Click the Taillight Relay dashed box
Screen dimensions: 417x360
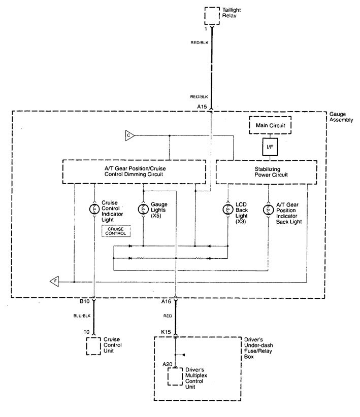[x=212, y=16]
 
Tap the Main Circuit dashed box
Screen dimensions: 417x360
[x=270, y=124]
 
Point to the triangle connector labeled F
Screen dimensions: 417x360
[x=53, y=281]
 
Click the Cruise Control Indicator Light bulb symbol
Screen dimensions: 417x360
[x=94, y=208]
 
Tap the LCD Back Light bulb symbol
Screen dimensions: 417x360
[x=227, y=208]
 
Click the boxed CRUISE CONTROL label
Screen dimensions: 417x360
[x=116, y=231]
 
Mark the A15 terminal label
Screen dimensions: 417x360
[x=203, y=107]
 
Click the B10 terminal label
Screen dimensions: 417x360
[x=85, y=301]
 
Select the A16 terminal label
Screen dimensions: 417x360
[x=166, y=301]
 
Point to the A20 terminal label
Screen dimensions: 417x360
[x=166, y=364]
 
